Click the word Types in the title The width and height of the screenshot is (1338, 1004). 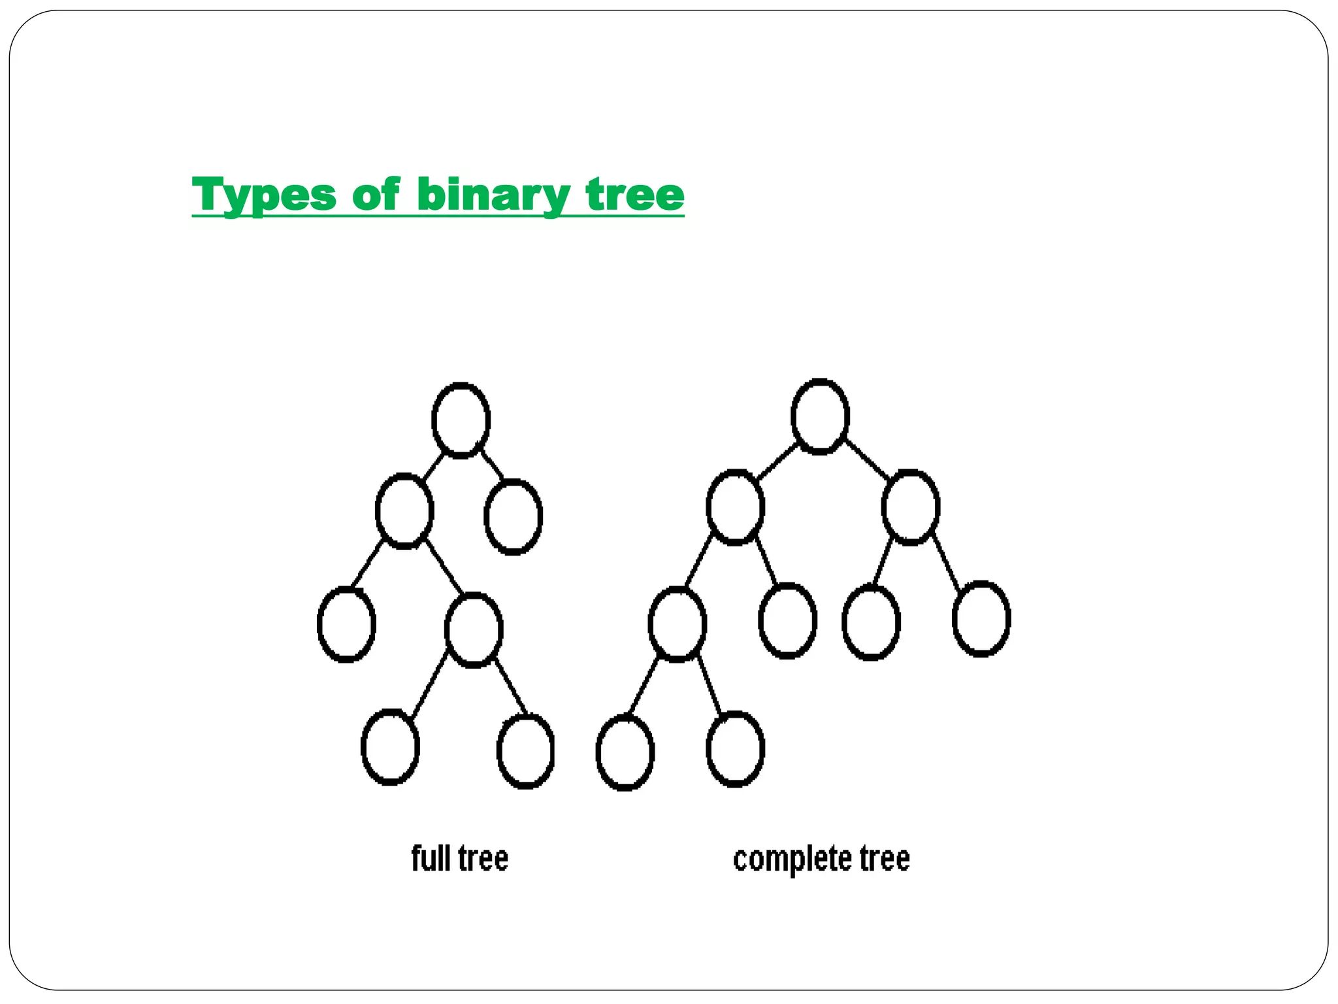[264, 195]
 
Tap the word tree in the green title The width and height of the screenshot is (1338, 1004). [635, 195]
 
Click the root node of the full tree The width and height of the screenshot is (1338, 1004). [461, 420]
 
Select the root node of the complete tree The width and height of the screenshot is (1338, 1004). [820, 416]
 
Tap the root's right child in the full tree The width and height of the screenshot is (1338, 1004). [514, 516]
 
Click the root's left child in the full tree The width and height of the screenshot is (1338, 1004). [405, 510]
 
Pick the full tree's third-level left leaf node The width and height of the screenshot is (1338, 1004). [347, 624]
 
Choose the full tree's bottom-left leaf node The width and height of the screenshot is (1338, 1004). [391, 746]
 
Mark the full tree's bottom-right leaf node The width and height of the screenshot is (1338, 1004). [526, 751]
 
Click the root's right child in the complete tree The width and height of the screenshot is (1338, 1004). [911, 507]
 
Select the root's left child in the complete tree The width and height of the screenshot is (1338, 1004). [736, 507]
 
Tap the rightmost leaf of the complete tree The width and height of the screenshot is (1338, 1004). [982, 618]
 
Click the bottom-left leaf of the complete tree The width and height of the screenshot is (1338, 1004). [625, 752]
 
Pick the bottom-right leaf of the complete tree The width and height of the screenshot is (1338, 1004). [736, 749]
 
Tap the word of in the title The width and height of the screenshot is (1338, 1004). [376, 195]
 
